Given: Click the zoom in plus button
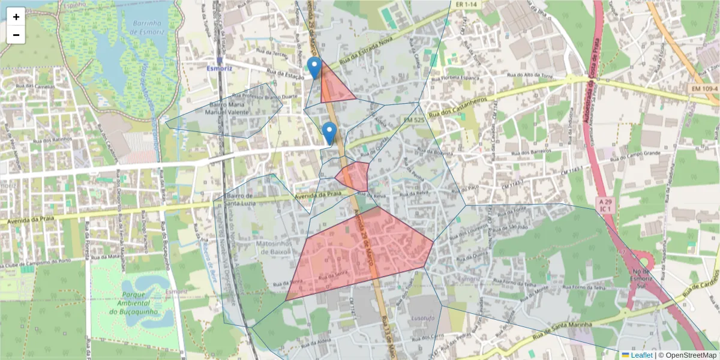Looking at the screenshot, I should click(x=16, y=17).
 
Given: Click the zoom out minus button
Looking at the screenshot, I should click(x=16, y=35).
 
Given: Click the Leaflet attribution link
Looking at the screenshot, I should click(x=641, y=355).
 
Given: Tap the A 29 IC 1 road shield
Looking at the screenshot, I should click(x=604, y=205).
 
